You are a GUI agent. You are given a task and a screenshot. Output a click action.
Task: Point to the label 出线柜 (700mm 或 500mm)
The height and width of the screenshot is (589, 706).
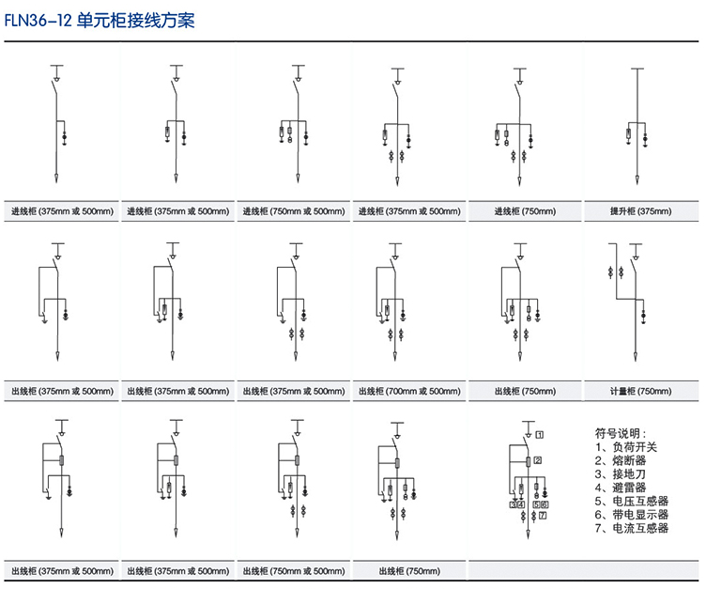pos(409,391)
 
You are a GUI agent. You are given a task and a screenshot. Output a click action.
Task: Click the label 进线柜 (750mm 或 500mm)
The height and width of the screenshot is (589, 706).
pos(294,211)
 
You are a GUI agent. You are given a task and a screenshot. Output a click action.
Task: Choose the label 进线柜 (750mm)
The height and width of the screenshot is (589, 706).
pos(526,211)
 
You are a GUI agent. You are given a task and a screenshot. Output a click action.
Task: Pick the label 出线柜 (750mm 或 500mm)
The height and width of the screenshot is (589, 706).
pos(294,570)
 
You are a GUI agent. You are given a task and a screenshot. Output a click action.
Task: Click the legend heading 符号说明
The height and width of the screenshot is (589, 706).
pos(621,433)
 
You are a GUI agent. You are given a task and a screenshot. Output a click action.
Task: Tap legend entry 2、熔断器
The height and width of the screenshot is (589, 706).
pos(621,460)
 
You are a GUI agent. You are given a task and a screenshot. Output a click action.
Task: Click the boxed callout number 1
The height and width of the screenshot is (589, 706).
pos(541,434)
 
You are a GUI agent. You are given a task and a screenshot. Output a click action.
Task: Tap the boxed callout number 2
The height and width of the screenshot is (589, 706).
pos(539,460)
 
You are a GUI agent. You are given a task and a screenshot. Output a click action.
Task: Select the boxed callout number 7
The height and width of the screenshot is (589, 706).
pos(543,516)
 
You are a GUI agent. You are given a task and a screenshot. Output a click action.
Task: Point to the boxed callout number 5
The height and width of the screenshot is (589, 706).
pos(535,504)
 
